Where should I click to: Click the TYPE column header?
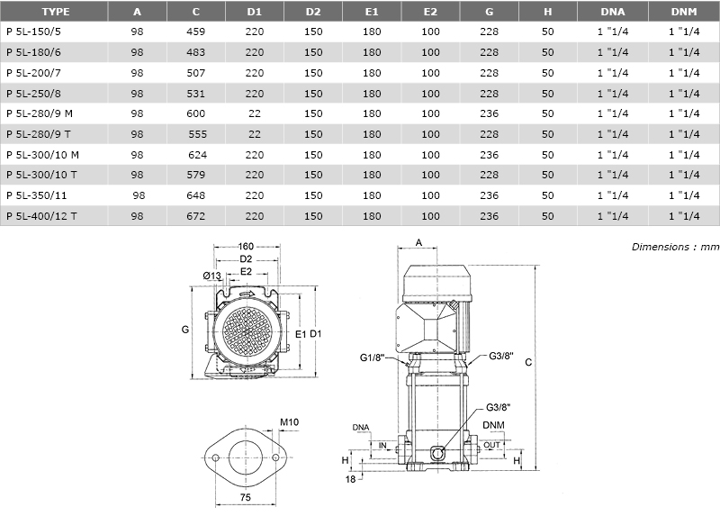(x=56, y=12)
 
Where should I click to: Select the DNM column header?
(x=684, y=12)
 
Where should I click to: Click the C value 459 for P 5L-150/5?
(x=195, y=32)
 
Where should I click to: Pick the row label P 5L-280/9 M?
(x=40, y=113)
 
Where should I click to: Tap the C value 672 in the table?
(x=195, y=216)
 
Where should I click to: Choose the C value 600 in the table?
(x=195, y=113)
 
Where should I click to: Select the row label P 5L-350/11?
(x=37, y=195)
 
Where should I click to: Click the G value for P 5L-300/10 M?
(x=489, y=155)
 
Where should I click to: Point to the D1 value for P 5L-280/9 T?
(x=255, y=134)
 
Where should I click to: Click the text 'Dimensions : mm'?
(x=675, y=247)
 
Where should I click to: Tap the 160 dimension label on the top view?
(x=246, y=246)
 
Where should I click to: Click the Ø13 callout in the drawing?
(x=212, y=276)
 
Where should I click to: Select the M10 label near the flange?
(x=289, y=421)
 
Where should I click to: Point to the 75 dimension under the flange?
(x=245, y=497)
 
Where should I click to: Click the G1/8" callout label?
(x=372, y=358)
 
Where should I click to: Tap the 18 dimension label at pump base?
(x=350, y=479)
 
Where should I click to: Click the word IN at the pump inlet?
(x=382, y=445)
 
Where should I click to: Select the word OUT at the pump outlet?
(x=491, y=445)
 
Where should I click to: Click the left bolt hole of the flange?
(x=215, y=457)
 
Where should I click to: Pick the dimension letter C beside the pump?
(x=528, y=362)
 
